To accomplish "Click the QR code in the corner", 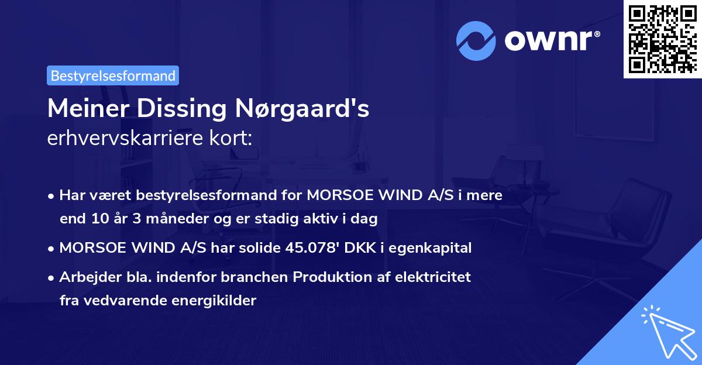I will [662, 39].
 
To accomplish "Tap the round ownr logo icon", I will [477, 40].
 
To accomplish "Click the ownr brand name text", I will [552, 41].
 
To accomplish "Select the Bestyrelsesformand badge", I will [113, 75].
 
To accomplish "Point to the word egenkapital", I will [435, 248].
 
